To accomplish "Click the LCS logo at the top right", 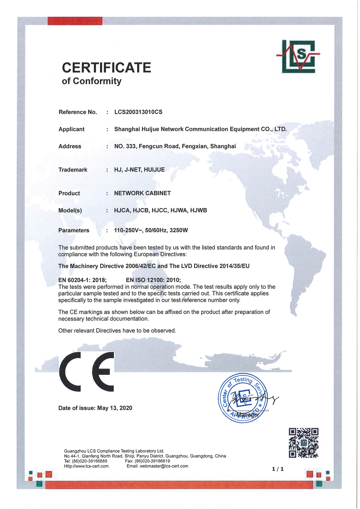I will [x=298, y=56].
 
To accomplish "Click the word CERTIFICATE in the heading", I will [x=106, y=68].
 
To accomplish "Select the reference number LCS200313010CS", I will [x=138, y=112].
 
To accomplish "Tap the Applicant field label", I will [x=71, y=129].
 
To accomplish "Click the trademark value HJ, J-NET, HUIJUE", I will [x=139, y=170].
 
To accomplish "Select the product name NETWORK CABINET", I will [x=142, y=193].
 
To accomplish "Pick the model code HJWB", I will [x=199, y=210].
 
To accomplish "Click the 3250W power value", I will [x=179, y=230].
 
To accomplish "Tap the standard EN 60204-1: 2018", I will [x=82, y=280].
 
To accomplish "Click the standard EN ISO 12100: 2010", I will [x=153, y=280].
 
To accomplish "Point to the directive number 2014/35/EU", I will [x=235, y=266].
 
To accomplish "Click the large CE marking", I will [x=87, y=371].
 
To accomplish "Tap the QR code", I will [x=304, y=442].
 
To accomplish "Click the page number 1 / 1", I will [x=278, y=469].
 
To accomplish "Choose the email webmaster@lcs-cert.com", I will [x=164, y=466].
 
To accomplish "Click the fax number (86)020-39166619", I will [x=152, y=461].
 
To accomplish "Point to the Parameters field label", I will [x=74, y=230].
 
